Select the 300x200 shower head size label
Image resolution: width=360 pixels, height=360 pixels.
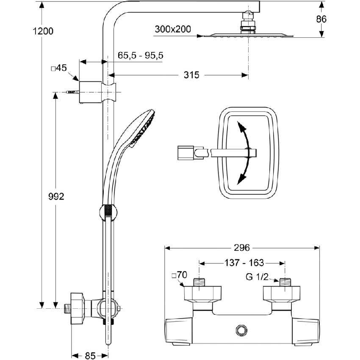coord(173,29)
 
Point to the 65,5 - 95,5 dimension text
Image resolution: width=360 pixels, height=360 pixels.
coord(140,55)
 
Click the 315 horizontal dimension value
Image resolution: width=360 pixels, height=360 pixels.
coord(191,75)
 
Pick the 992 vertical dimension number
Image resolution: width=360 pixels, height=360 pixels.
coord(55,197)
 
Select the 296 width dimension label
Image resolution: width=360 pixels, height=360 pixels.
coord(242,247)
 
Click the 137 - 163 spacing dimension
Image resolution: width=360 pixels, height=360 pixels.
coord(244,263)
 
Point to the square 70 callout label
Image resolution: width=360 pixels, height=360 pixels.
coord(179,275)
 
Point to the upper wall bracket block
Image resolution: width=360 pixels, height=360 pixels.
coord(91,91)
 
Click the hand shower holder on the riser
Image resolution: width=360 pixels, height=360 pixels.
coord(109,212)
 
